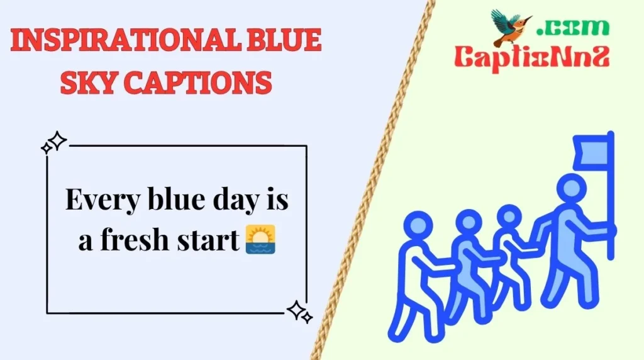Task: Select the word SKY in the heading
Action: click(85, 82)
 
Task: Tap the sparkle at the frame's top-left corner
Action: click(54, 143)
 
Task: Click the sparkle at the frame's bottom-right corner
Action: click(299, 310)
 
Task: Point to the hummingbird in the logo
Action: click(509, 28)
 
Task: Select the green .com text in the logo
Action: click(573, 26)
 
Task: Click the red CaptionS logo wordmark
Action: click(531, 58)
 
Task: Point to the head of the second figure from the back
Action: click(468, 222)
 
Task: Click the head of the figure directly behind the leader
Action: click(509, 218)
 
